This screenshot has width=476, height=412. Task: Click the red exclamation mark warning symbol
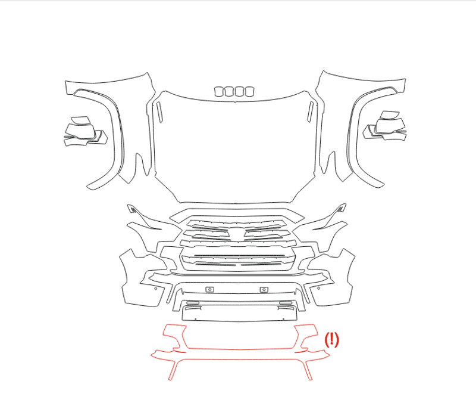[331, 340]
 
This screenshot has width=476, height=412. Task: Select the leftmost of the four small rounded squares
[219, 91]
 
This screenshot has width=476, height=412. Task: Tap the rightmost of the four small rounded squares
[249, 91]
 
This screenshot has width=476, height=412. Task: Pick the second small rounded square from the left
[229, 91]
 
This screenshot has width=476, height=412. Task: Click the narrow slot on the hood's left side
[159, 112]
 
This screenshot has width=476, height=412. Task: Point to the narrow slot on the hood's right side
[310, 112]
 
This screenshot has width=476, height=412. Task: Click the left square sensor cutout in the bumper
[210, 289]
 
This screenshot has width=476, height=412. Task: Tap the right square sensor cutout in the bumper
[264, 289]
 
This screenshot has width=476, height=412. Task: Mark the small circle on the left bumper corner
[156, 289]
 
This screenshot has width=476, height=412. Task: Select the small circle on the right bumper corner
[319, 288]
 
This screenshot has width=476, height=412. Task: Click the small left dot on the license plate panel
[196, 319]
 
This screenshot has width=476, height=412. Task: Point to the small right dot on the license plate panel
[283, 319]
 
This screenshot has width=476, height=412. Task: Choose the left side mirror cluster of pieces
[85, 131]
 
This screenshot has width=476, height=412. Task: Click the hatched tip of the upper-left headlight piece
[132, 209]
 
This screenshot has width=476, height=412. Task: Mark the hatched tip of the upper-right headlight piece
[341, 208]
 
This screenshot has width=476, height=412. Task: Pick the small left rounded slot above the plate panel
[193, 302]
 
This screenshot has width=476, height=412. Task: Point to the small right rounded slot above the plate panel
[286, 302]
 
